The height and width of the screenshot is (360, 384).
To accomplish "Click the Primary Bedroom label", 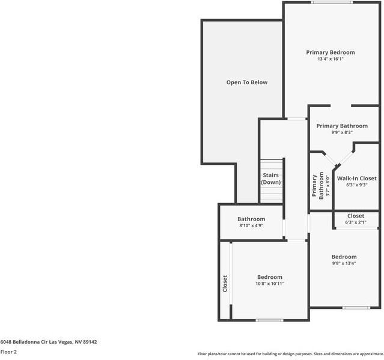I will (330, 52).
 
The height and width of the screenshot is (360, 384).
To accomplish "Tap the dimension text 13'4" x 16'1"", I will (330, 59).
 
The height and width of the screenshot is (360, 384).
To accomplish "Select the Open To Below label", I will (246, 82).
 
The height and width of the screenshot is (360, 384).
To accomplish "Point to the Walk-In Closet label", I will (356, 178).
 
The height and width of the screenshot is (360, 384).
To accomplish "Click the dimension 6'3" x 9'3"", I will (356, 186).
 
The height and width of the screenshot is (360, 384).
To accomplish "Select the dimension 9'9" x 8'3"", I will (342, 133).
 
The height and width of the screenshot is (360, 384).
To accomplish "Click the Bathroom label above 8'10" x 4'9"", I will (251, 219).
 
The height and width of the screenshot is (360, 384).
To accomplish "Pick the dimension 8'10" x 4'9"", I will (251, 226).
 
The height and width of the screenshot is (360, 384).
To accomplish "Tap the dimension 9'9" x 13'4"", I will (344, 263).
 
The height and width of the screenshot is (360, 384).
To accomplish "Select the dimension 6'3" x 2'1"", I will (355, 223).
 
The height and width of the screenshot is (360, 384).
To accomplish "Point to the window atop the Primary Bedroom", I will (332, 2).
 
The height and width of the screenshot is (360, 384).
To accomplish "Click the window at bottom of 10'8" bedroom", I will (269, 320).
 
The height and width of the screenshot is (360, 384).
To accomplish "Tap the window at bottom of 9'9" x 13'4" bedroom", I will (356, 308).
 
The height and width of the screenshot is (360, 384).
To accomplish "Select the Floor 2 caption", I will (8, 352).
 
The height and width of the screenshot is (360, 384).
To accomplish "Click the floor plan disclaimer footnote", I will (290, 354).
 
